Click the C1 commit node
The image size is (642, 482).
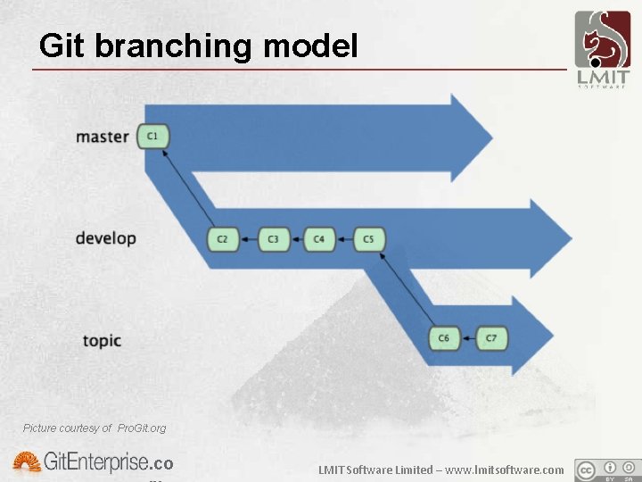[x=153, y=137]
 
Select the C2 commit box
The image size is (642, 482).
[x=222, y=239]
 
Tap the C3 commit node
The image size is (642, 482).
[x=273, y=239]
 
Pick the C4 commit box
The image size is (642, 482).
[x=319, y=239]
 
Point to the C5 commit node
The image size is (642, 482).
[x=369, y=239]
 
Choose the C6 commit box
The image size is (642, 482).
[x=444, y=338]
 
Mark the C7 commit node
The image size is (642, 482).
[x=491, y=338]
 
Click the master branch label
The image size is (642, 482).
[x=103, y=137]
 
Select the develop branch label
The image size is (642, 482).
[x=105, y=238]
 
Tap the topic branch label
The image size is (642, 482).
[x=102, y=340]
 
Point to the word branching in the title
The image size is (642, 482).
[x=174, y=46]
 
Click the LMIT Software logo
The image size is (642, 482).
[x=601, y=49]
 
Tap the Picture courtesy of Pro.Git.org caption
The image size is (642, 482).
[x=95, y=428]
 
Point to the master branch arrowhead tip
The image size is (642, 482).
[x=491, y=137]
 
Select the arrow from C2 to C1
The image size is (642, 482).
[x=188, y=189]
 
